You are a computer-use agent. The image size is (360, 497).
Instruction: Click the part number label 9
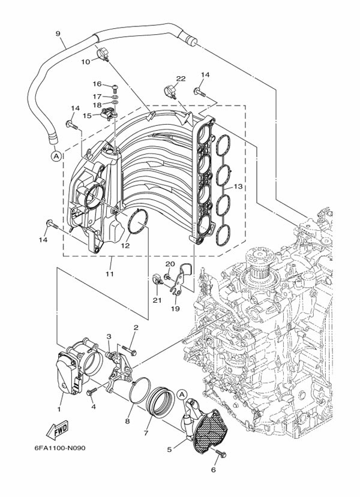point(58,34)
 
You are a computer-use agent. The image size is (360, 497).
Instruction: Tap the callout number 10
point(85,61)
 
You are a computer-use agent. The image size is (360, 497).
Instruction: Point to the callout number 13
point(238,187)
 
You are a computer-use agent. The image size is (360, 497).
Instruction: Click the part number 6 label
point(212,470)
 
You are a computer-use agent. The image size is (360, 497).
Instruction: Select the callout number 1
point(59,409)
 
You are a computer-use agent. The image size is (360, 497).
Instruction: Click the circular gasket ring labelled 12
point(139,222)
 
